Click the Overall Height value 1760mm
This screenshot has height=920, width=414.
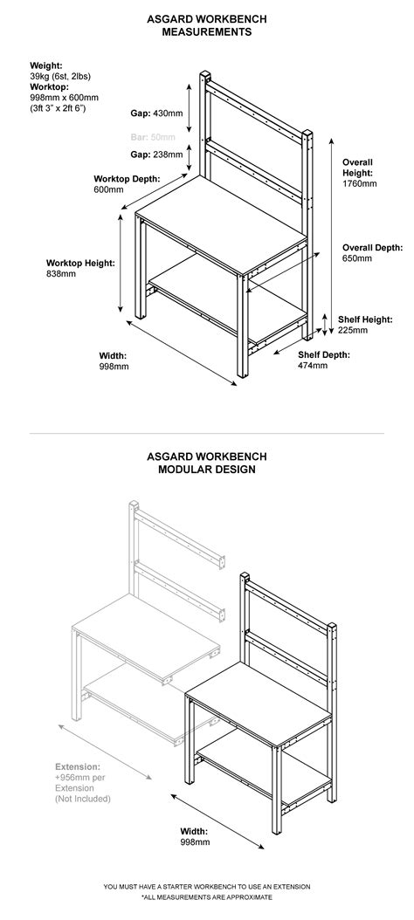(359, 184)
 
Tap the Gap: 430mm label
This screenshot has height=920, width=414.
(157, 113)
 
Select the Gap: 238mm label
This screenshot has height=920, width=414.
(157, 154)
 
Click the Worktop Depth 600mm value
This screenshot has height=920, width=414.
(109, 189)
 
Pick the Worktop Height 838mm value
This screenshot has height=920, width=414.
(61, 273)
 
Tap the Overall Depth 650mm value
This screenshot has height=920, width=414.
(359, 258)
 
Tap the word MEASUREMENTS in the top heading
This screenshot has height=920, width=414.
(207, 32)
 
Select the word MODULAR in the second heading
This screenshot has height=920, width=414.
(187, 469)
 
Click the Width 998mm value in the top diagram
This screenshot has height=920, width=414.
(114, 367)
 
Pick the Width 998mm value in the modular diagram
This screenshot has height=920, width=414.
(196, 842)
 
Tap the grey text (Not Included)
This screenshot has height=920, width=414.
(82, 799)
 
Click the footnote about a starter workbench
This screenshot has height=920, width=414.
(207, 886)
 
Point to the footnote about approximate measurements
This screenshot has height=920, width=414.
(207, 896)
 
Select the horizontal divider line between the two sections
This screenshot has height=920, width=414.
(207, 433)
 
